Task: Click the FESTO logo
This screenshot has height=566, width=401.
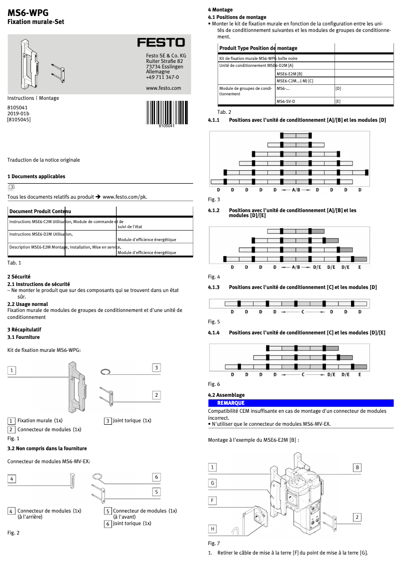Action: tap(161, 42)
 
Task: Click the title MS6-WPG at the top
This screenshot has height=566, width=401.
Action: tap(28, 12)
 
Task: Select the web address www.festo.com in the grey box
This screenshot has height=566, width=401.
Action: tap(163, 88)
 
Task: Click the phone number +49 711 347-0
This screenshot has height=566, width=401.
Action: tap(162, 77)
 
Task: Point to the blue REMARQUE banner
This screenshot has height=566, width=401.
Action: tap(300, 403)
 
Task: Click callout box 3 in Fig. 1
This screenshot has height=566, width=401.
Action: tap(156, 367)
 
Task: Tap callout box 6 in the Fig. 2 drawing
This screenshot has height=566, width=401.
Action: tap(156, 477)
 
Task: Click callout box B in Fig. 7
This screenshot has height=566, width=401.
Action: tap(357, 467)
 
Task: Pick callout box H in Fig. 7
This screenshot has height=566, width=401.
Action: tap(212, 529)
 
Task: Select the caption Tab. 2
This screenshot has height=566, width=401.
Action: tap(224, 112)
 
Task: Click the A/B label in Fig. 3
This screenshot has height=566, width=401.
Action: tap(296, 190)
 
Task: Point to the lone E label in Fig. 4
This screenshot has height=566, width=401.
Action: tap(359, 267)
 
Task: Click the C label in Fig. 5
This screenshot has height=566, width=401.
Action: tap(302, 312)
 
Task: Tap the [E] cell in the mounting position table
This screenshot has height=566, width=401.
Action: tap(338, 101)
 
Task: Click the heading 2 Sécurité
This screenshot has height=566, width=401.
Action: tap(18, 276)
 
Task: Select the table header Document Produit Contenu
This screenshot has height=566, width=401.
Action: tap(40, 212)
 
